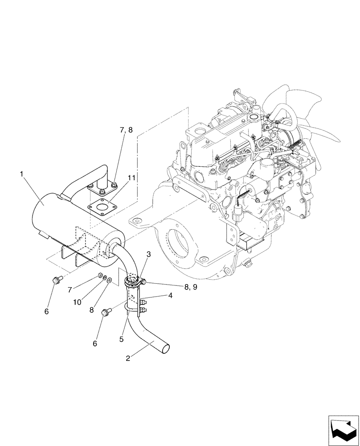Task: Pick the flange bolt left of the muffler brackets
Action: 56,281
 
